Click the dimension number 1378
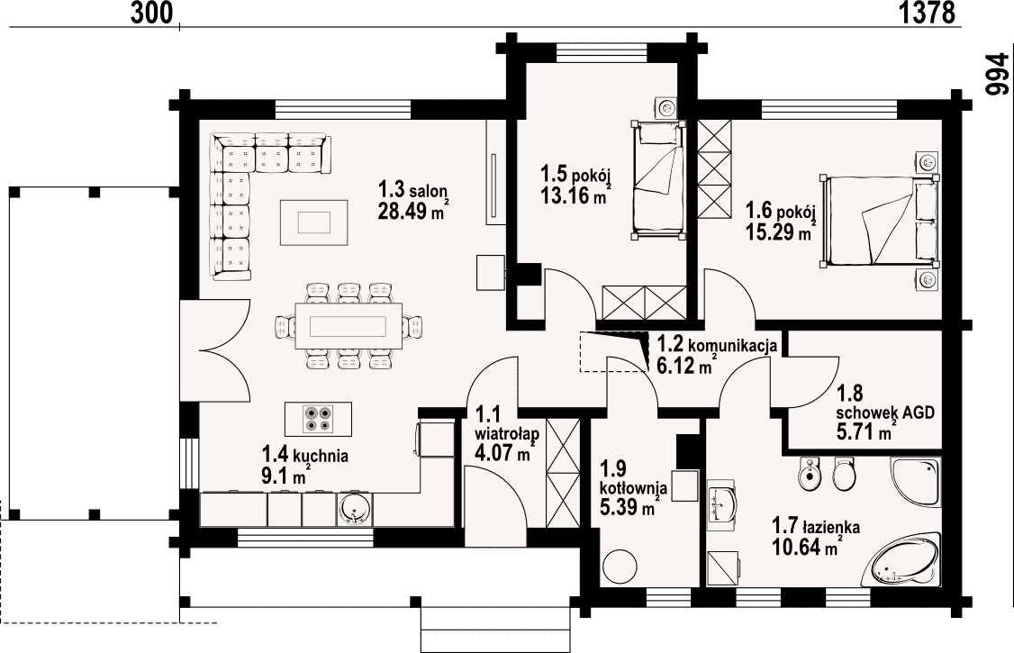[927, 13]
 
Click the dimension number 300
[152, 13]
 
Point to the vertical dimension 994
[997, 75]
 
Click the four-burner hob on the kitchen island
[319, 418]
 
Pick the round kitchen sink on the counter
[354, 508]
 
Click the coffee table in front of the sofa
[314, 222]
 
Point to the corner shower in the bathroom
[914, 483]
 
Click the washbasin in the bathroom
[723, 502]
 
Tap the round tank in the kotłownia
[621, 567]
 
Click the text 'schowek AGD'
[885, 413]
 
